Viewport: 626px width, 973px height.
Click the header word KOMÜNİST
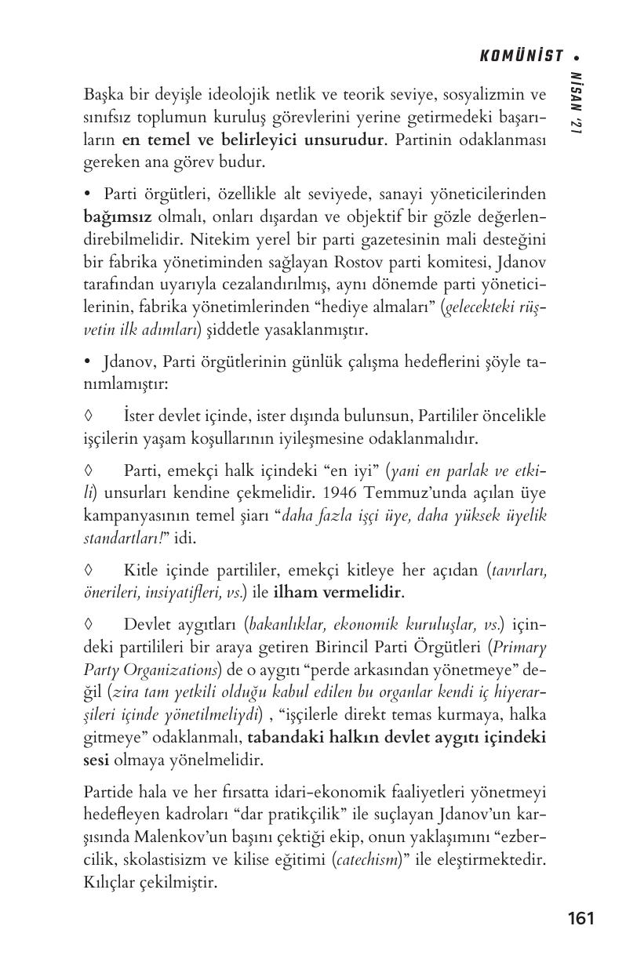521,56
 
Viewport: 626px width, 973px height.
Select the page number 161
581,918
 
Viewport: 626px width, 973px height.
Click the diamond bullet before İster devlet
88,415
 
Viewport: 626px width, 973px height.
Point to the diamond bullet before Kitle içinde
88,571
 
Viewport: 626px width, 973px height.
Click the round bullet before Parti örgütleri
88,194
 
